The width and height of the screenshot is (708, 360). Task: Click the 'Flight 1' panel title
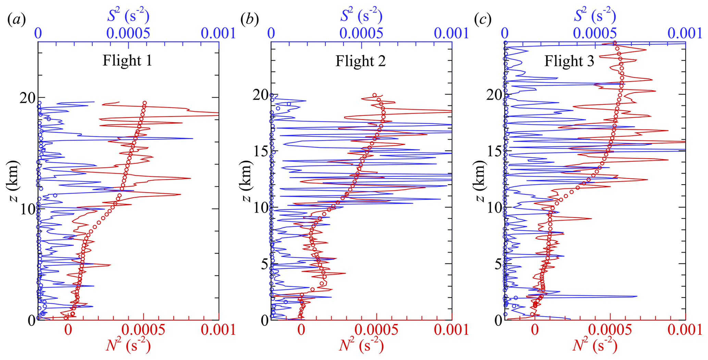127,61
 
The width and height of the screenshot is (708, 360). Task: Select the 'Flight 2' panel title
360,61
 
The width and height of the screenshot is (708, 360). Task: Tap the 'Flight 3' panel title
569,61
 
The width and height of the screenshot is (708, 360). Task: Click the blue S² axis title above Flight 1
128,16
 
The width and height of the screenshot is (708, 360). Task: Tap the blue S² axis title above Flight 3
595,16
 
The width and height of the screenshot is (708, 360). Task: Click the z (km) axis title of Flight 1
12,181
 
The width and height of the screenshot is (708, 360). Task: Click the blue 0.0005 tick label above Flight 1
128,34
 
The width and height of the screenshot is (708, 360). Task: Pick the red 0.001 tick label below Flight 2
451,330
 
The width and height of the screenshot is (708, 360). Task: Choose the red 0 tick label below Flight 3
534,330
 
